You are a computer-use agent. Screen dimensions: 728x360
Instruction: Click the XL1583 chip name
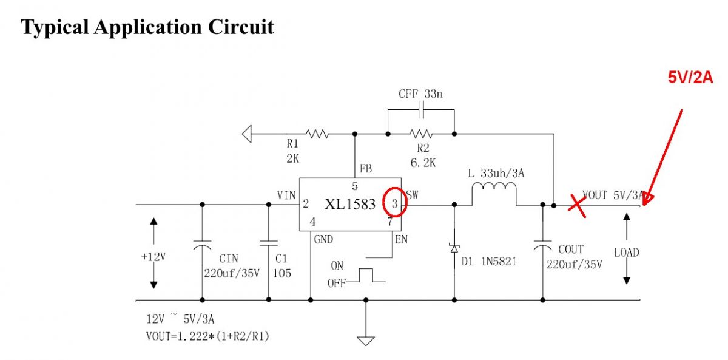coord(350,204)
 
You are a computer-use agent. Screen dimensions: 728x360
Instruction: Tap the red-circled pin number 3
coord(394,203)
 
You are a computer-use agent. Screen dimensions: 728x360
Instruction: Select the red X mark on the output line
coord(577,206)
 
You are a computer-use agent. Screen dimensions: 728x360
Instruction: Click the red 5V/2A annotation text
coord(690,77)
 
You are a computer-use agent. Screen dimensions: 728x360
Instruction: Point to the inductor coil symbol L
coord(494,186)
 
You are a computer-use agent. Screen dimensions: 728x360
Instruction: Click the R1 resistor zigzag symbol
coord(317,134)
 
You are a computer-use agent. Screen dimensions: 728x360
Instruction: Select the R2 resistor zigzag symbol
coord(421,134)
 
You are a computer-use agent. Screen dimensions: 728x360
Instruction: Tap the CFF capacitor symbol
coord(421,110)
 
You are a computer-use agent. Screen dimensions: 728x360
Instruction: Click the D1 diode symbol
coord(454,249)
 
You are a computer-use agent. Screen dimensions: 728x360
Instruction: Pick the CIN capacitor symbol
coord(202,245)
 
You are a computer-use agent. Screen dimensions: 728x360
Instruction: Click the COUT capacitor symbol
coord(542,245)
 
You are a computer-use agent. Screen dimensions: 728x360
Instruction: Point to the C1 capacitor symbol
coord(268,243)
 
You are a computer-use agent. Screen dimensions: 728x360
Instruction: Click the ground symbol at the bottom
coord(366,341)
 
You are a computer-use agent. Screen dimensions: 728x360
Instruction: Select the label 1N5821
coord(499,262)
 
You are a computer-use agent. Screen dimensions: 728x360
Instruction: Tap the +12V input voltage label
coord(153,257)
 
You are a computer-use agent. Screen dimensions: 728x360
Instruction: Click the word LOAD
coord(627,253)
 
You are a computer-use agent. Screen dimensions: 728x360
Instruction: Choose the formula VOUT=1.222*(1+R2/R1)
coord(207,336)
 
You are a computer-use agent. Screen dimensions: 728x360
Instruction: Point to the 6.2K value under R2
coord(423,163)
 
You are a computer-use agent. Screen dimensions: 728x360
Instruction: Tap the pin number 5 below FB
coord(354,186)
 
